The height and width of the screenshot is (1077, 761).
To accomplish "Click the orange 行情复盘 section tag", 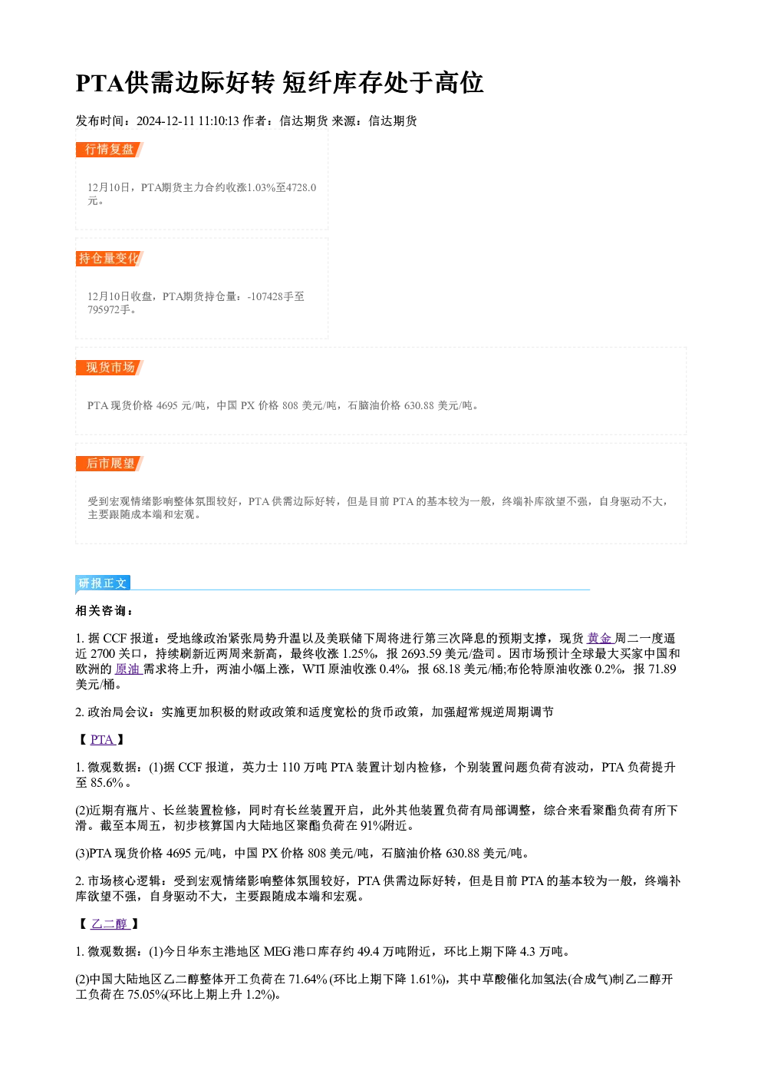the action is tap(110, 150).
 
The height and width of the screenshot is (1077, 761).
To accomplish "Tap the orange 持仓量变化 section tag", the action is tap(110, 259).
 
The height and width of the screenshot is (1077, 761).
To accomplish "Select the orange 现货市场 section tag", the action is tap(110, 368).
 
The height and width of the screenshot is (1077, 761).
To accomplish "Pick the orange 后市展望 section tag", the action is tap(110, 464).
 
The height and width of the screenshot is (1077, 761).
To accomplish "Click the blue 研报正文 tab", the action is tap(103, 583).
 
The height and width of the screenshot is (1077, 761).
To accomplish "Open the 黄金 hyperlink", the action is tap(601, 639).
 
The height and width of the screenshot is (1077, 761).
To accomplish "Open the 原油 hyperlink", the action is tap(128, 669).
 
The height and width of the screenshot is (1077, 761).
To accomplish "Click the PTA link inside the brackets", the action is tap(102, 739).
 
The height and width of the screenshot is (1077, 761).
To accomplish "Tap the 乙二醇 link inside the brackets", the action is tap(110, 923).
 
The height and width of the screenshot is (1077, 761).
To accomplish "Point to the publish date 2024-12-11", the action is tap(165, 121).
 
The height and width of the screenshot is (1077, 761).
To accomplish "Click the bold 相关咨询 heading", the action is tap(104, 611).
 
